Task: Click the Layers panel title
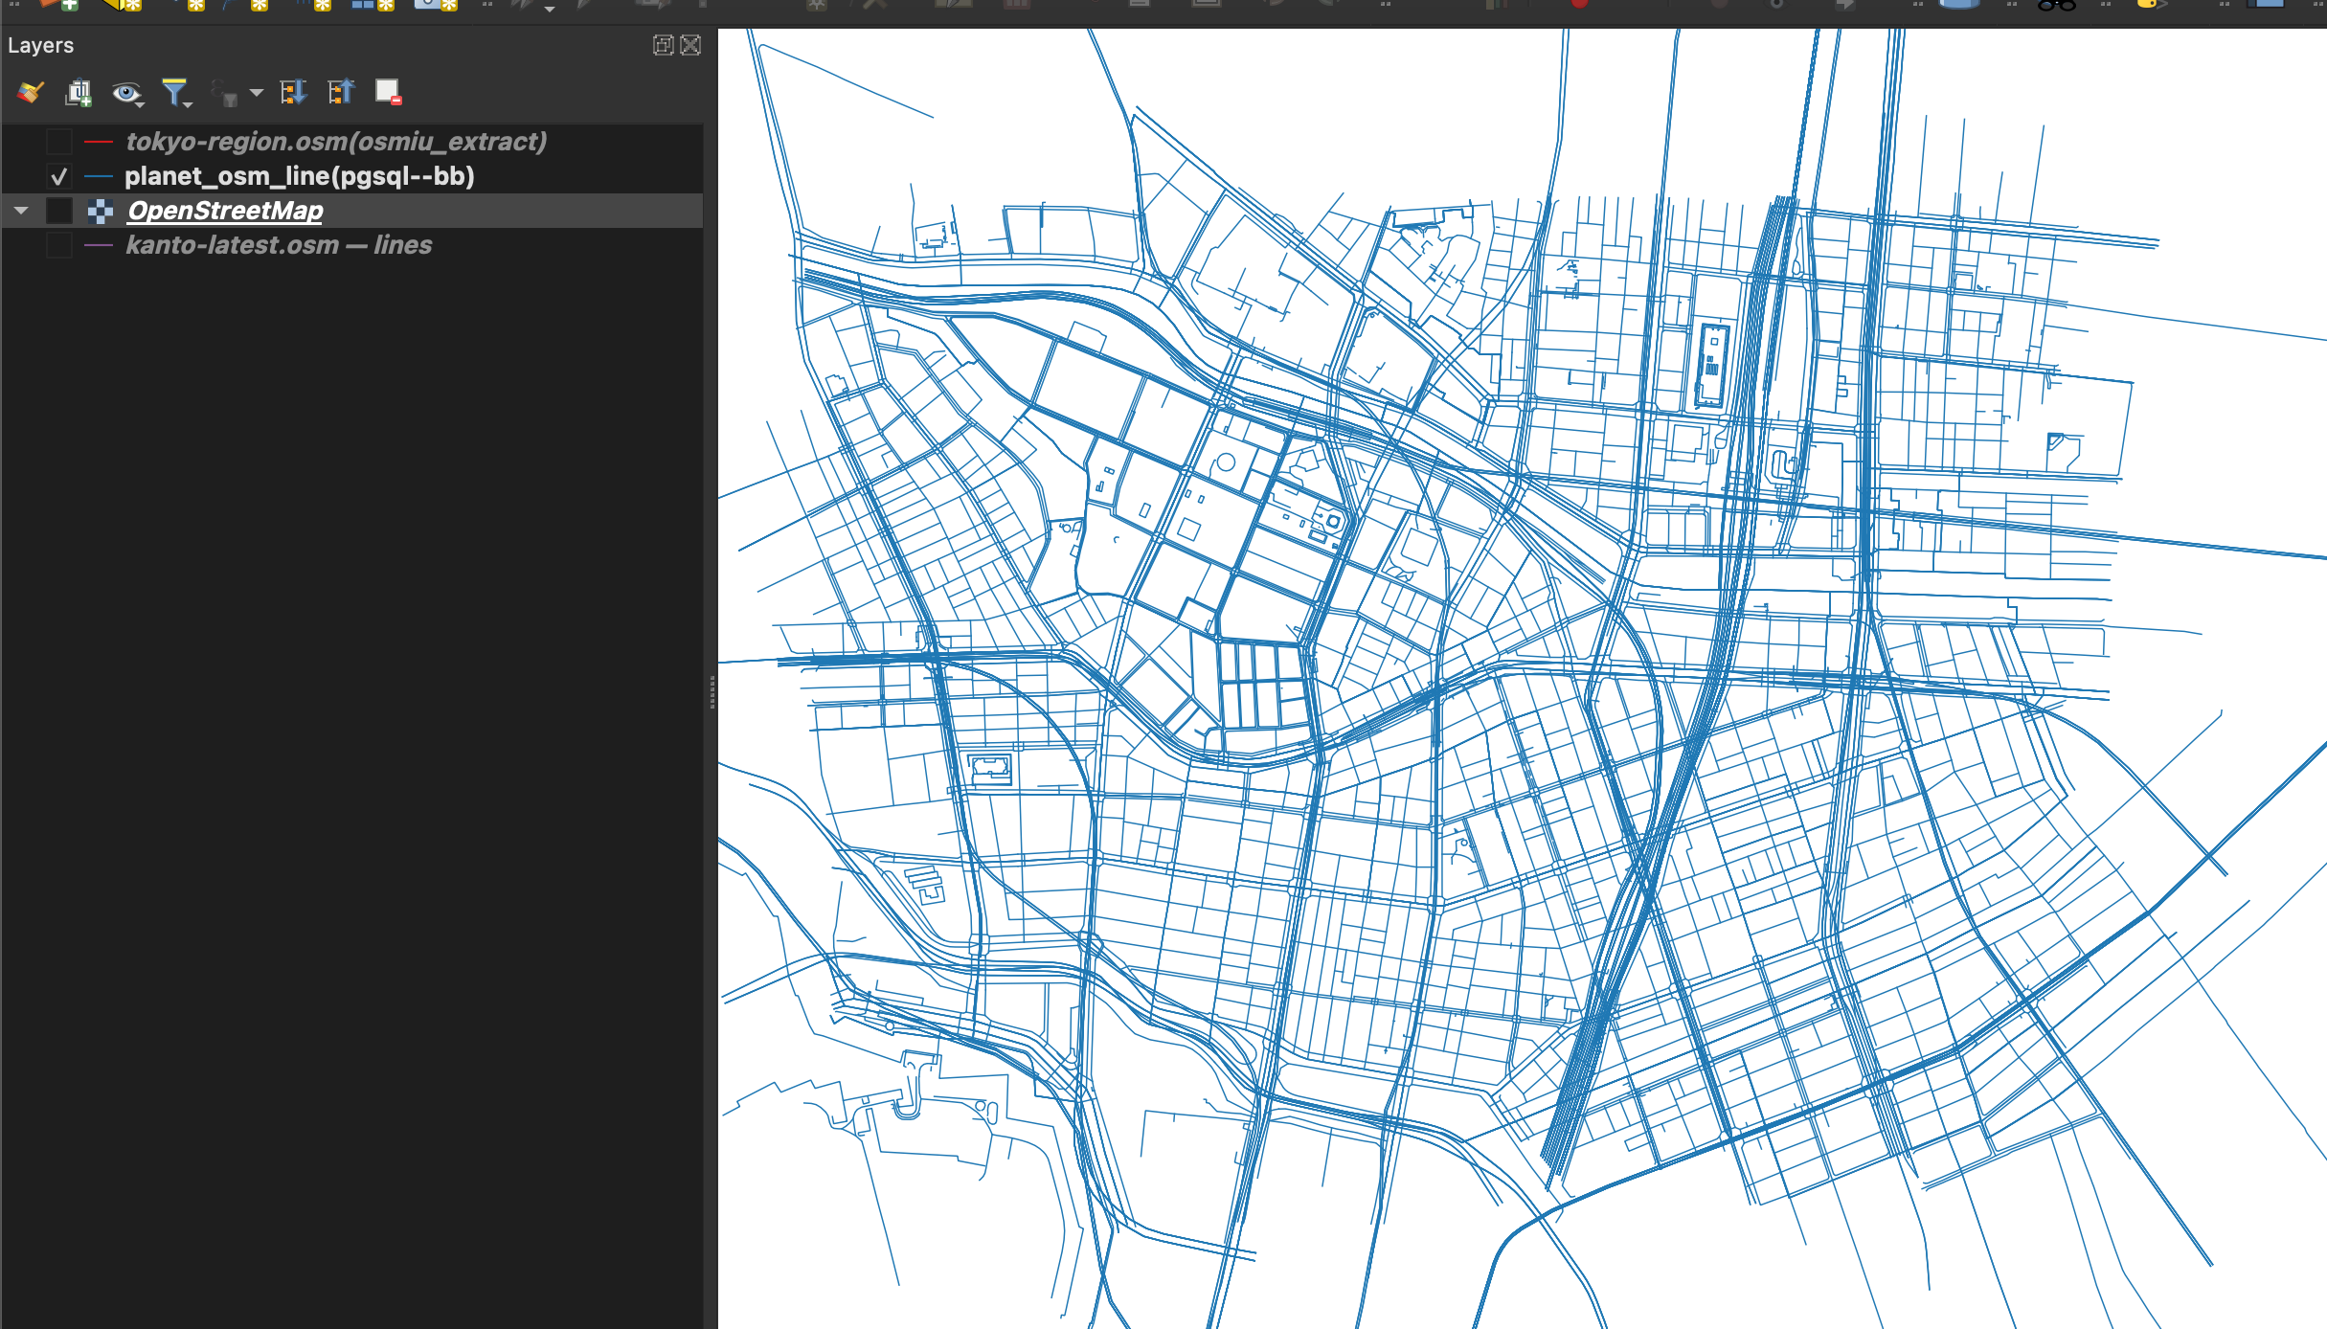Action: click(40, 45)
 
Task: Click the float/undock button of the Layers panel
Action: click(662, 45)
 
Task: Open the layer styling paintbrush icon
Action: click(31, 92)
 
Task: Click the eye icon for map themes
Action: click(125, 92)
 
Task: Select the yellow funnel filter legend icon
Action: click(175, 92)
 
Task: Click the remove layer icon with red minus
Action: click(388, 92)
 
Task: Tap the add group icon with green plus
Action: click(79, 92)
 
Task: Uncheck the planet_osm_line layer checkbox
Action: click(59, 176)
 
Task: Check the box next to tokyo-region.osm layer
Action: click(59, 142)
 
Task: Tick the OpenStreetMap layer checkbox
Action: click(59, 211)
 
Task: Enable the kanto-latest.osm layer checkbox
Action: click(59, 245)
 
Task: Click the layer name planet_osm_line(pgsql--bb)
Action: click(299, 176)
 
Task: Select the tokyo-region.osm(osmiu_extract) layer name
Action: click(336, 142)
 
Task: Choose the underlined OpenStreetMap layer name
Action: click(225, 211)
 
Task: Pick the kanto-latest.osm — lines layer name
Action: click(279, 245)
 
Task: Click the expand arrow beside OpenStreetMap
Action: click(21, 211)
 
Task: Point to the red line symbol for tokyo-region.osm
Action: click(99, 142)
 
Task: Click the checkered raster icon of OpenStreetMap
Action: click(101, 211)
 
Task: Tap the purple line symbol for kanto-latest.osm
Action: click(99, 245)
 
